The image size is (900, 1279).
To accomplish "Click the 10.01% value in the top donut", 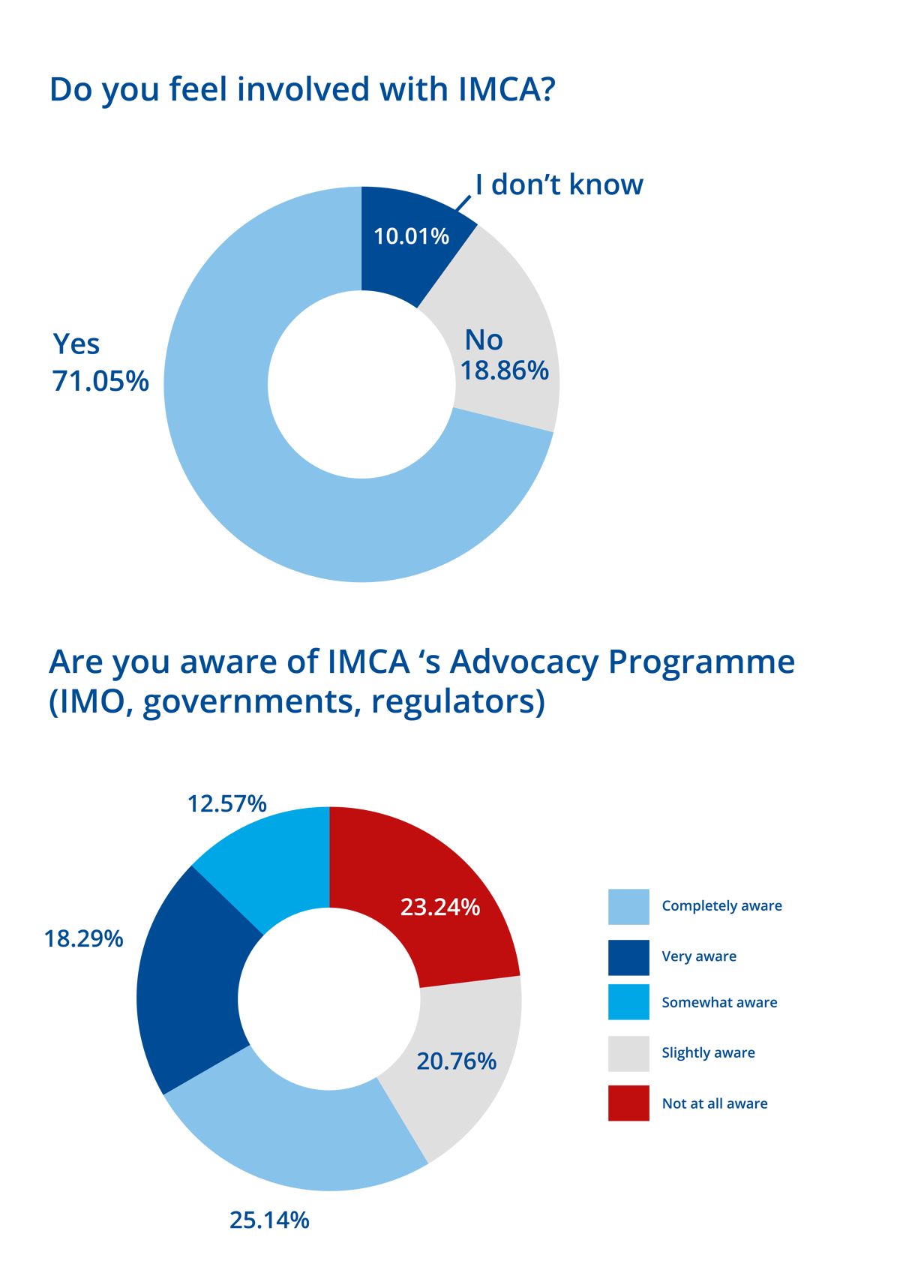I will click(411, 237).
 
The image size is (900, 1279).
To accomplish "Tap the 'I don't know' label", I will click(559, 185).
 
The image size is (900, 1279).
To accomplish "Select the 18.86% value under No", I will click(504, 371).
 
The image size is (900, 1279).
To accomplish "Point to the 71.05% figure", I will click(100, 381).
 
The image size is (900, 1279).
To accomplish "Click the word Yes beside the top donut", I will click(76, 344).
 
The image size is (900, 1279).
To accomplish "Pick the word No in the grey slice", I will click(484, 341).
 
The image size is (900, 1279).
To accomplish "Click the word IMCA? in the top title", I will click(506, 89).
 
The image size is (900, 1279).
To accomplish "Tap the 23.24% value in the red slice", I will click(439, 908).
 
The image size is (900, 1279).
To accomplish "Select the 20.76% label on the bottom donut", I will click(456, 1061).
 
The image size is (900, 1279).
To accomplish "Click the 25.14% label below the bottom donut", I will click(268, 1220).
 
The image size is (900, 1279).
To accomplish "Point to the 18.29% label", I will click(83, 938).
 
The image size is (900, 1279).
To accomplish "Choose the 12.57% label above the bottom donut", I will click(226, 804).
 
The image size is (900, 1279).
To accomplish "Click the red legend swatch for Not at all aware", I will click(628, 1103).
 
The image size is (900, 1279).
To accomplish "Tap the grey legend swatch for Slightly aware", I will click(628, 1053).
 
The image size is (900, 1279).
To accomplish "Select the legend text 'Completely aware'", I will click(721, 906).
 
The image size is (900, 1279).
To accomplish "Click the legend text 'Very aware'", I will click(698, 956).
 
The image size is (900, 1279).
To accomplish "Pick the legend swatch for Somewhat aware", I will click(628, 1002).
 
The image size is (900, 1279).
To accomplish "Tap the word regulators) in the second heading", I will click(458, 703).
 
